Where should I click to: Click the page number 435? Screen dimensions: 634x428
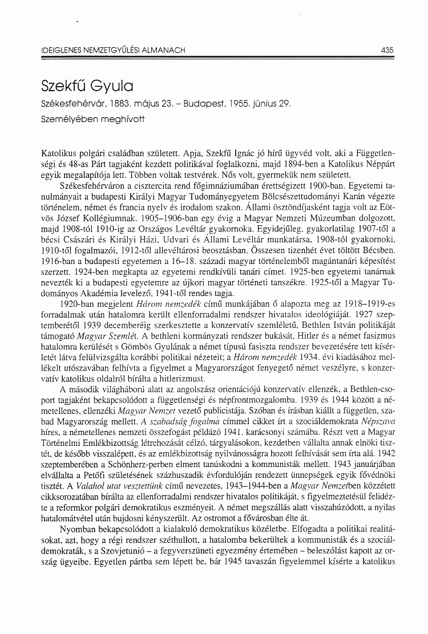tap(387, 50)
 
